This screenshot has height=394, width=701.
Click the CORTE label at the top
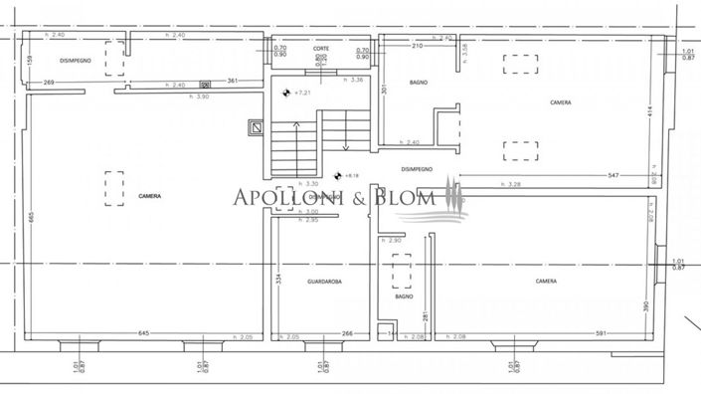click(x=320, y=49)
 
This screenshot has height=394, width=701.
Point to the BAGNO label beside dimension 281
click(x=403, y=296)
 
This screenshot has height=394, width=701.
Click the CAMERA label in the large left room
click(x=150, y=197)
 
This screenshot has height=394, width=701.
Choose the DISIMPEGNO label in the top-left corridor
click(x=77, y=60)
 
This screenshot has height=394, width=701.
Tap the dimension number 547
click(x=615, y=175)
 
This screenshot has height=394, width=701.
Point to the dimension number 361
click(x=233, y=81)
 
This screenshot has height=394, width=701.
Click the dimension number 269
click(x=49, y=83)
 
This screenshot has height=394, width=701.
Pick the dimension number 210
click(x=418, y=46)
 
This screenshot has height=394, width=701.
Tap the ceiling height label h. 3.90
click(x=203, y=97)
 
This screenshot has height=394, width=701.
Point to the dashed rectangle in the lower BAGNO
click(x=402, y=270)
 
